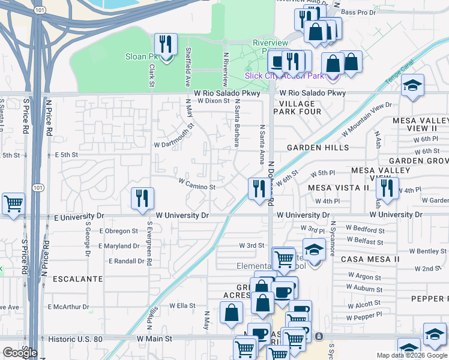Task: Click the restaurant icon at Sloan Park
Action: click(x=166, y=44)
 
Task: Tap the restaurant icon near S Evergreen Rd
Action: click(x=142, y=199)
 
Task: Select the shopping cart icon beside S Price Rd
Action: click(x=13, y=203)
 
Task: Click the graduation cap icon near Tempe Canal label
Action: click(x=412, y=86)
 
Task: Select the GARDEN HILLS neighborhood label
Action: click(x=318, y=148)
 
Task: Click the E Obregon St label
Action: click(x=119, y=230)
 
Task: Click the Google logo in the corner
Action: click(x=20, y=353)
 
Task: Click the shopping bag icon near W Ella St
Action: click(x=231, y=312)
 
